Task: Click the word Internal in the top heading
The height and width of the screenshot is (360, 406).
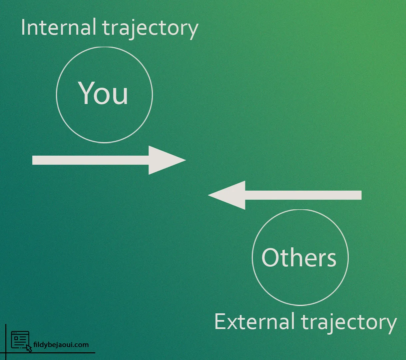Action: pyautogui.click(x=59, y=27)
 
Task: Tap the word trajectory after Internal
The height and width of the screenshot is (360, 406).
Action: pyautogui.click(x=151, y=29)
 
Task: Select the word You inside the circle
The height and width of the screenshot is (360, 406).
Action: pyautogui.click(x=103, y=93)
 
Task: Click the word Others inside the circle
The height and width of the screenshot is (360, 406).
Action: pyautogui.click(x=299, y=258)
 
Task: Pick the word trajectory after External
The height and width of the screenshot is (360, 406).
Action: pyautogui.click(x=349, y=324)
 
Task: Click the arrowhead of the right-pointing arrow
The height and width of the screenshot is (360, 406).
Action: pyautogui.click(x=167, y=160)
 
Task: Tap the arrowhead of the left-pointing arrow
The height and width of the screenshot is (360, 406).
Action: pyautogui.click(x=226, y=195)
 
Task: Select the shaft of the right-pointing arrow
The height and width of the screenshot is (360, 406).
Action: pyautogui.click(x=91, y=160)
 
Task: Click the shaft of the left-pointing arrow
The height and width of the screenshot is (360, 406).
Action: pyautogui.click(x=303, y=195)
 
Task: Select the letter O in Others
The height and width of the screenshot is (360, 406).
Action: pyautogui.click(x=270, y=258)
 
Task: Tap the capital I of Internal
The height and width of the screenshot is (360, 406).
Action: pyautogui.click(x=23, y=27)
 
